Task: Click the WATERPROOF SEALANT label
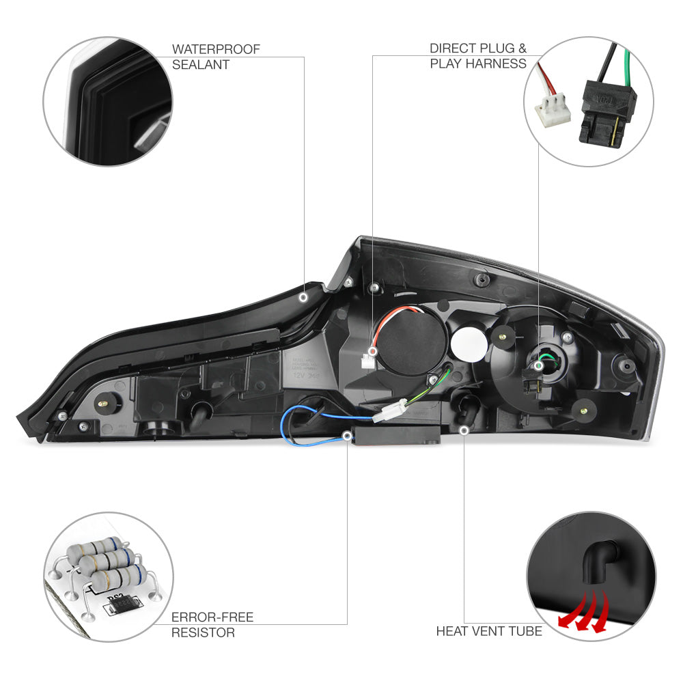(216, 57)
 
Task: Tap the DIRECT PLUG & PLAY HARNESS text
(478, 56)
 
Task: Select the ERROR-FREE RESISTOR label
(212, 625)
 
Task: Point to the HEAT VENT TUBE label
(489, 631)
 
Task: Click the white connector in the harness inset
(551, 108)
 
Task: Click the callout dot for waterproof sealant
(304, 298)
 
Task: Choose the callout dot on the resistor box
(347, 438)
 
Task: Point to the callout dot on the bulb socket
(539, 366)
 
